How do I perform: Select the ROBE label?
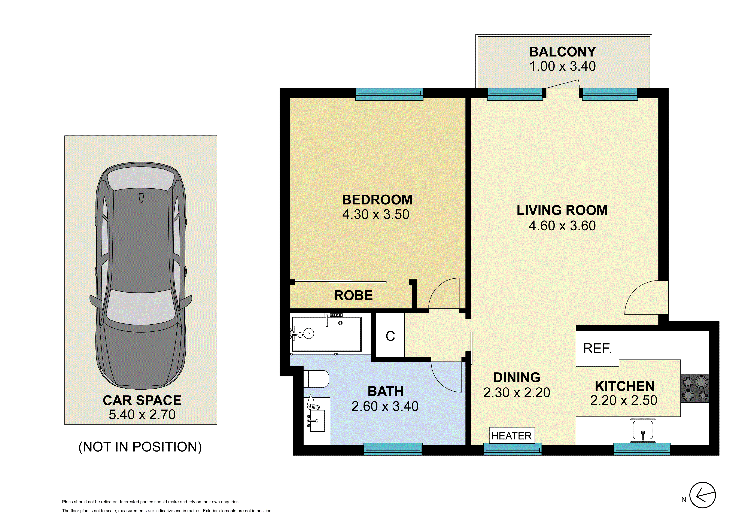[x=353, y=295]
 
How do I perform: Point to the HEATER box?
[x=512, y=436]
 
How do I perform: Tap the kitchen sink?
[x=643, y=431]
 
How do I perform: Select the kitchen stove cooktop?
[x=695, y=388]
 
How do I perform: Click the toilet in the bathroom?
[x=316, y=379]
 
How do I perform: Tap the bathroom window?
[x=392, y=449]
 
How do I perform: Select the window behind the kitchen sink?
[x=642, y=449]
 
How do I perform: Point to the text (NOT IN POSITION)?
[x=140, y=447]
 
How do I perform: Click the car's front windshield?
[x=141, y=306]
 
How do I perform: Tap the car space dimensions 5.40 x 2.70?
[x=142, y=415]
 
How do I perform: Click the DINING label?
[x=517, y=377]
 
